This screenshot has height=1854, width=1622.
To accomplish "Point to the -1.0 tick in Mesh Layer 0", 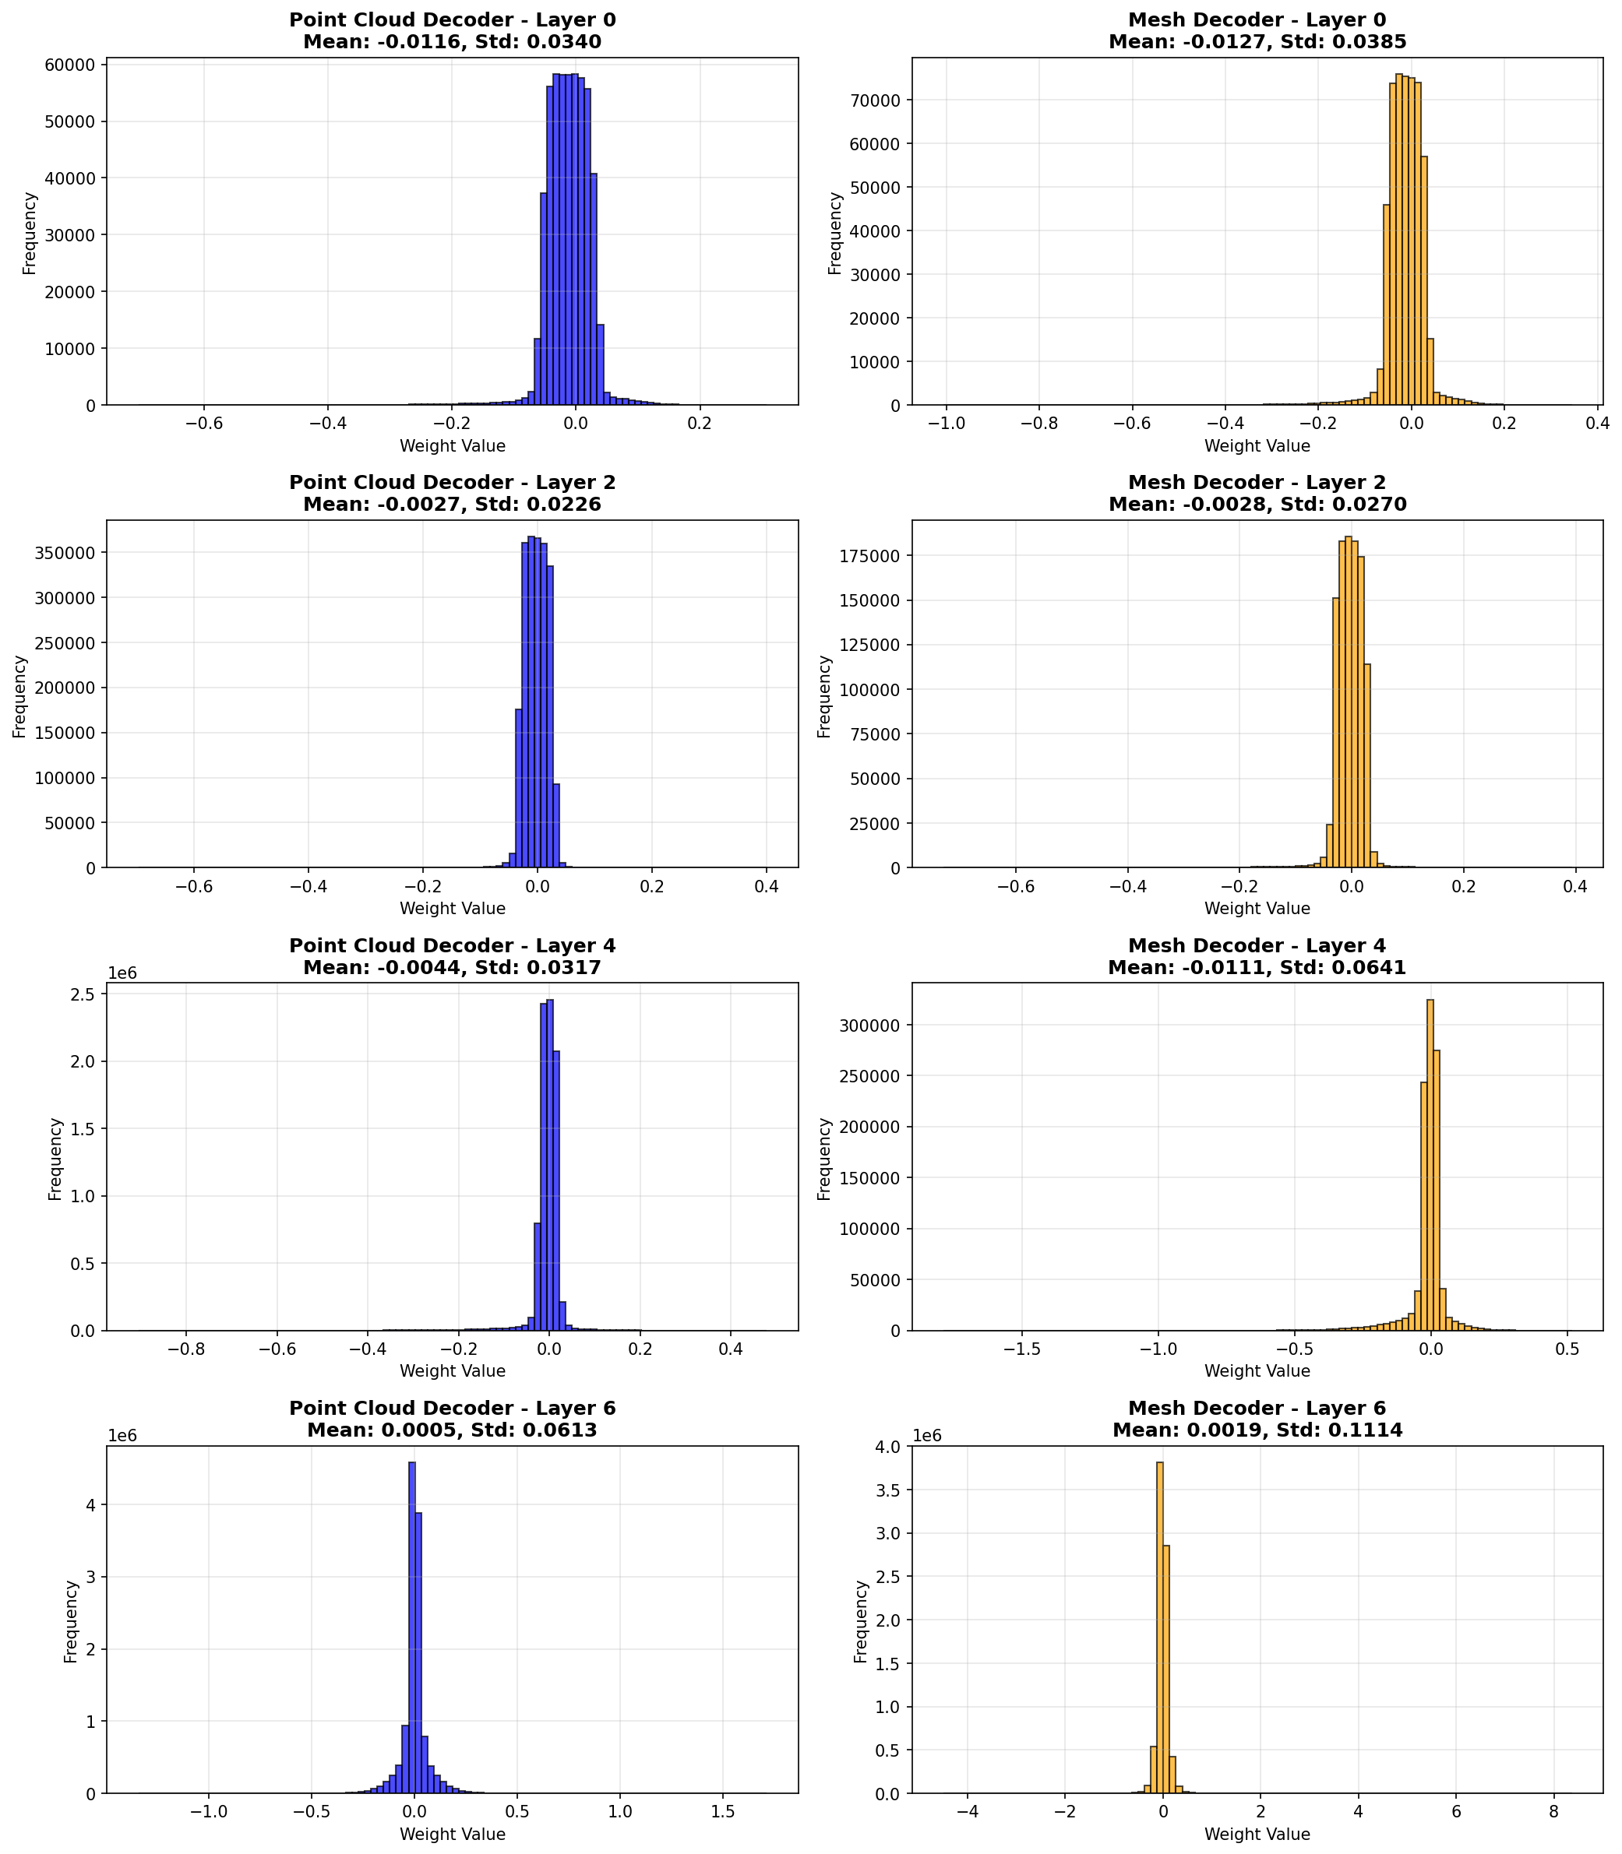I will pyautogui.click(x=946, y=423).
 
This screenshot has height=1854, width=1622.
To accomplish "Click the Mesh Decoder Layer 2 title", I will pyautogui.click(x=1257, y=493).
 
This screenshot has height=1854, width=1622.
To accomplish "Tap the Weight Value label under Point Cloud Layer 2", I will pyautogui.click(x=452, y=909).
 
